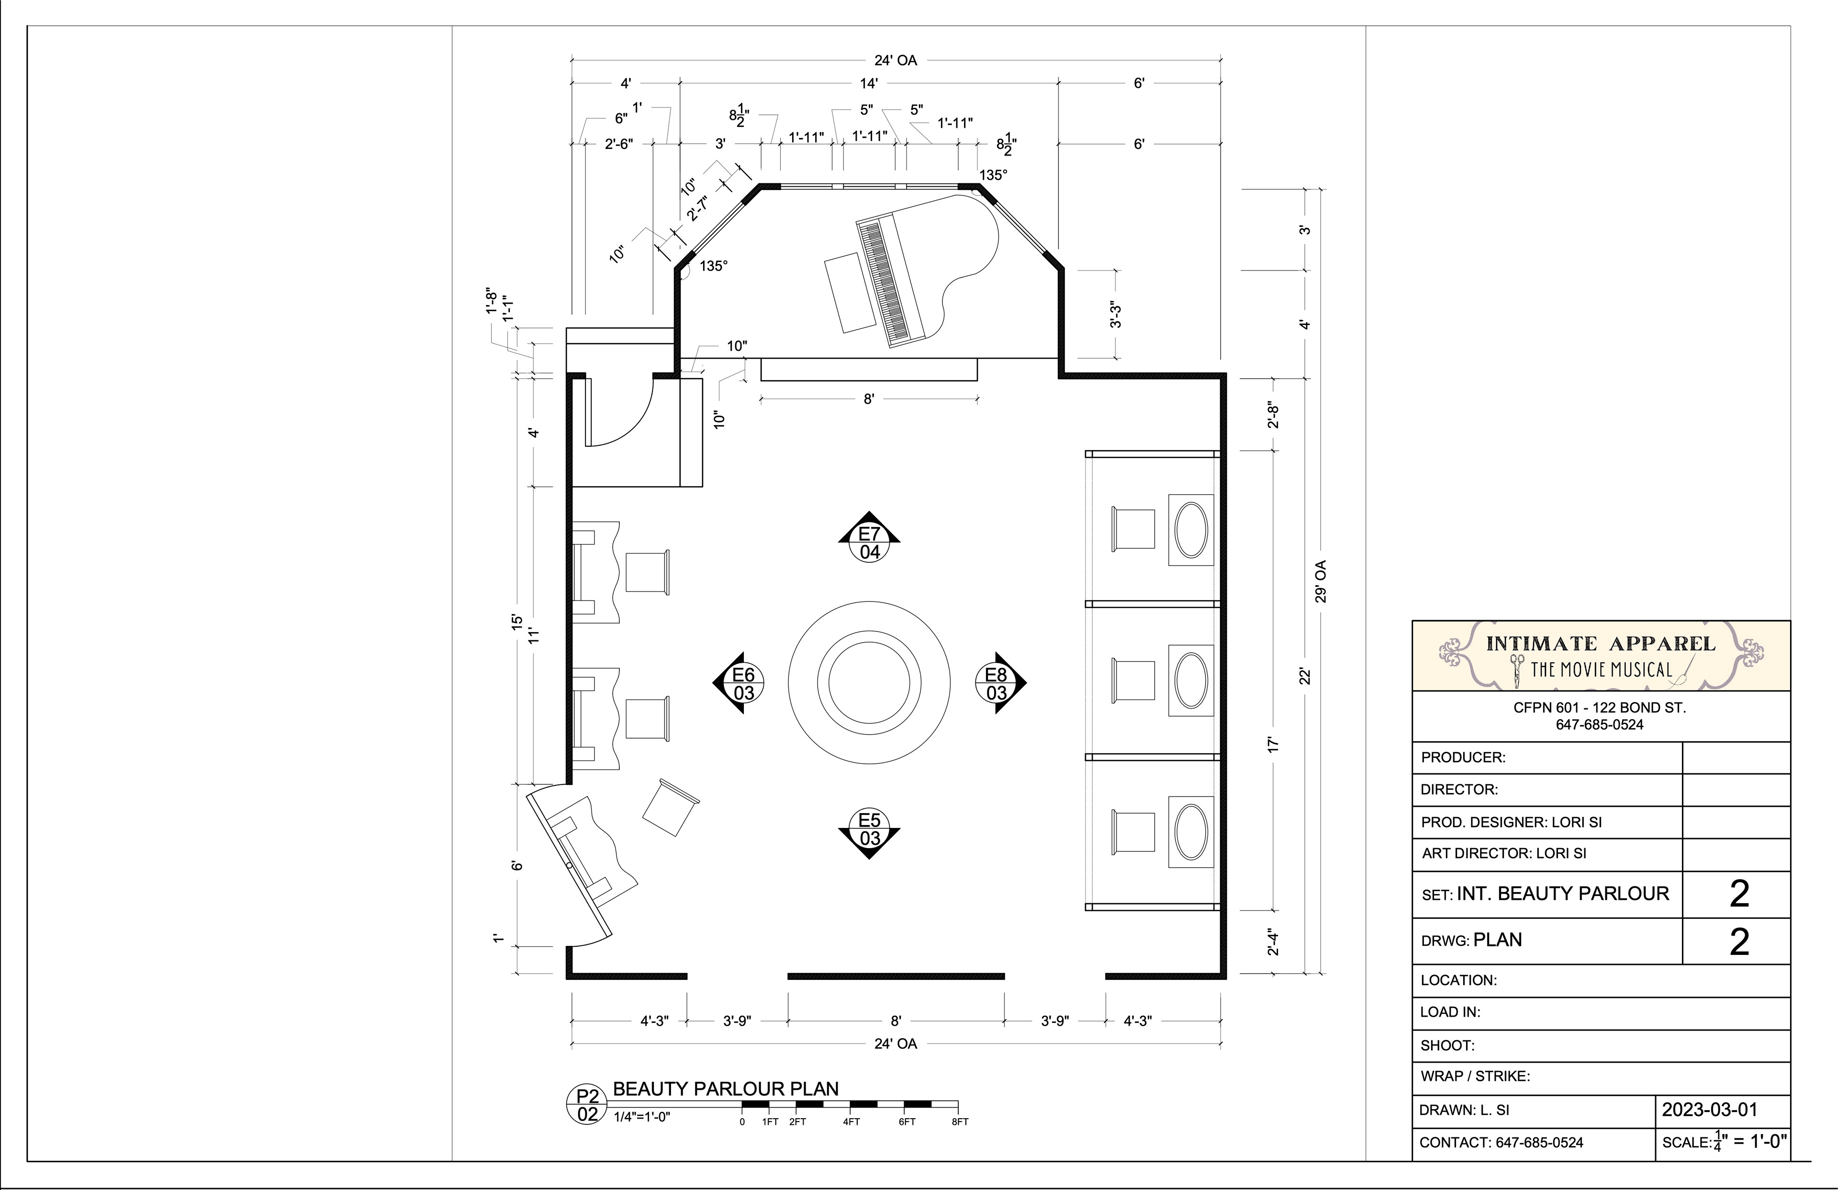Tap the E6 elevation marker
point(739,683)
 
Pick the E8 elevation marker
point(1000,683)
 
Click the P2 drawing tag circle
point(588,1106)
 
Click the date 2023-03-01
point(1709,1111)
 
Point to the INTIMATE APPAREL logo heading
point(1601,644)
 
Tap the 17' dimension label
point(1274,745)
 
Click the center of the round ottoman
point(870,683)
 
